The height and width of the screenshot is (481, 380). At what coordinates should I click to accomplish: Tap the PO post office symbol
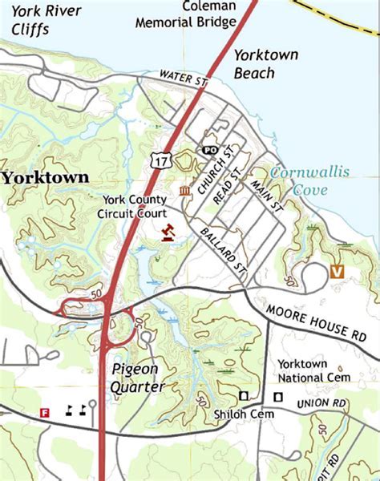point(209,150)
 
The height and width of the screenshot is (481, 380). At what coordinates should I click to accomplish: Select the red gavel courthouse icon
point(168,232)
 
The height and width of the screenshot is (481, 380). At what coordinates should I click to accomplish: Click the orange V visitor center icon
point(338,272)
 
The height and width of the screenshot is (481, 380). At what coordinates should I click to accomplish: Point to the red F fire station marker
point(46,412)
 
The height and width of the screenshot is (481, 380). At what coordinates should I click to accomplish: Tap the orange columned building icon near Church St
point(185,190)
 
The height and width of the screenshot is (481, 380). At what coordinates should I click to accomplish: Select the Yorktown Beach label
point(266,64)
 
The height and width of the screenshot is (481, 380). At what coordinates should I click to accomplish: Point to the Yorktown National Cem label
point(313,370)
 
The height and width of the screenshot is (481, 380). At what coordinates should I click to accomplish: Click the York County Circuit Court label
point(134,207)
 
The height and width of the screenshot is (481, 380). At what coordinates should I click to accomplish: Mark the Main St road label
point(268,195)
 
